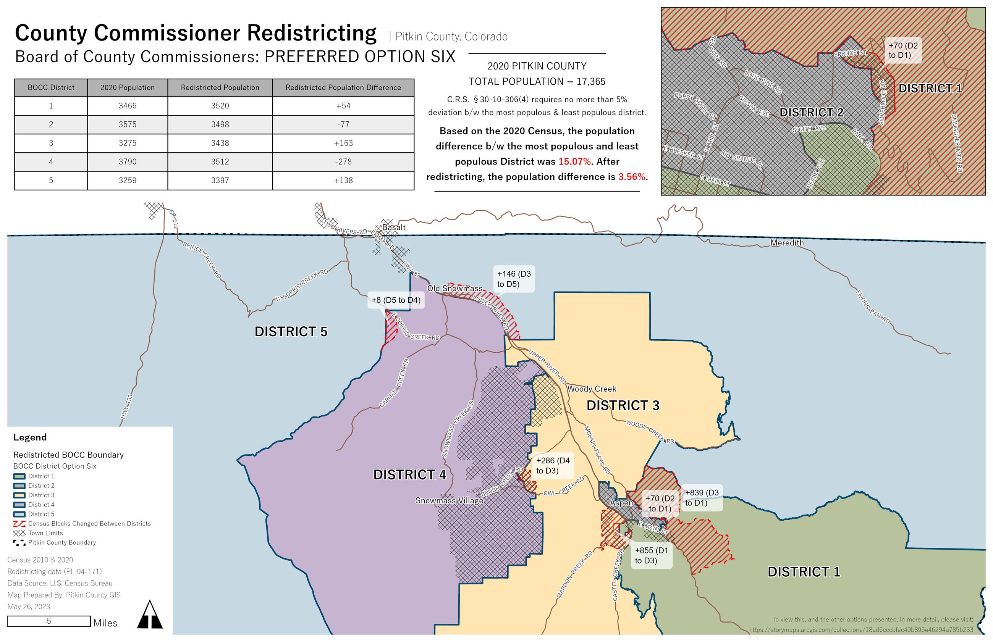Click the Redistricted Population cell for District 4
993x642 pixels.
click(x=220, y=162)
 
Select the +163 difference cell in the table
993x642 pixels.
click(x=343, y=143)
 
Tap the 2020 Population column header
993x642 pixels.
click(x=127, y=87)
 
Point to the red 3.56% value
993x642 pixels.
click(x=631, y=177)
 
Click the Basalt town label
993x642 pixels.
click(x=393, y=227)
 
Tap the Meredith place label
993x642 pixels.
click(x=786, y=243)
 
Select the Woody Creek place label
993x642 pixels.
click(x=591, y=389)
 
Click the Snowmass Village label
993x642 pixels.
click(x=449, y=501)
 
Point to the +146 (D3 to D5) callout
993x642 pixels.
click(x=513, y=279)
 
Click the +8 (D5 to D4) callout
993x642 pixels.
click(x=395, y=300)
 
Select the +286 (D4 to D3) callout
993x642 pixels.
click(x=552, y=466)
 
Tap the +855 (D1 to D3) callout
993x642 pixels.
click(x=651, y=555)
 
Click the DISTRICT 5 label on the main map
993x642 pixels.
click(x=291, y=332)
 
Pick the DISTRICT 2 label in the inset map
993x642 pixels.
click(x=811, y=113)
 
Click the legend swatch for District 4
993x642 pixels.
click(x=19, y=505)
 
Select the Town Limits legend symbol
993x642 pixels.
click(x=19, y=533)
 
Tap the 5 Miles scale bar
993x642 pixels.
click(x=49, y=621)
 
